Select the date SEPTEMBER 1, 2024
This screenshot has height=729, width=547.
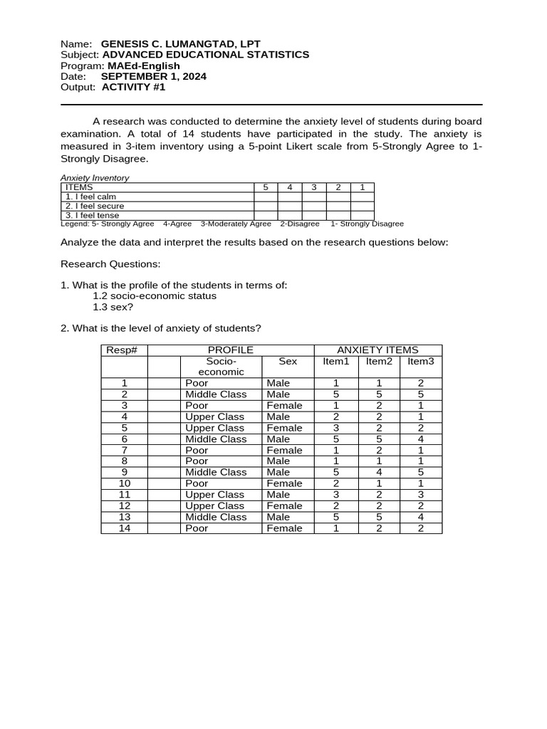(x=153, y=76)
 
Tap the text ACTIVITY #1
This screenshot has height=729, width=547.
(x=133, y=87)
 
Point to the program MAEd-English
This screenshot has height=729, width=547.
(x=143, y=65)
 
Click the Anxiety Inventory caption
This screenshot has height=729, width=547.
(x=95, y=178)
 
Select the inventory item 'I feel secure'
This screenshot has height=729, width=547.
(x=95, y=206)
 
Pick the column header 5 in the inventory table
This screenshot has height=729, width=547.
(x=266, y=187)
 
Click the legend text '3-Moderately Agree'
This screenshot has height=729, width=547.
(x=235, y=224)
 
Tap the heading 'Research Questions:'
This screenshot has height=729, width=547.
(x=110, y=264)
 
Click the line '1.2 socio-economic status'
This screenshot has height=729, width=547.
(x=155, y=296)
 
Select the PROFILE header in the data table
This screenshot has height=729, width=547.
(x=230, y=350)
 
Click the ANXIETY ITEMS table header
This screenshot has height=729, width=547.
(x=377, y=350)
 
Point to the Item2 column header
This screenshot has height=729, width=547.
(x=379, y=362)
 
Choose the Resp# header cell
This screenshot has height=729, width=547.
(x=125, y=350)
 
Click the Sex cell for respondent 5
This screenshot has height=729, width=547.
(x=284, y=428)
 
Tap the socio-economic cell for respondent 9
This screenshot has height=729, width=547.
(x=216, y=472)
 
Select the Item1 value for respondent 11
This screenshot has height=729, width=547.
(x=336, y=495)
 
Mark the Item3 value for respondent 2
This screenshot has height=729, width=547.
(x=420, y=394)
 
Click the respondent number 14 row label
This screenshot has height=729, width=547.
(x=125, y=528)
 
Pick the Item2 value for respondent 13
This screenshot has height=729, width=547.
(x=379, y=517)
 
